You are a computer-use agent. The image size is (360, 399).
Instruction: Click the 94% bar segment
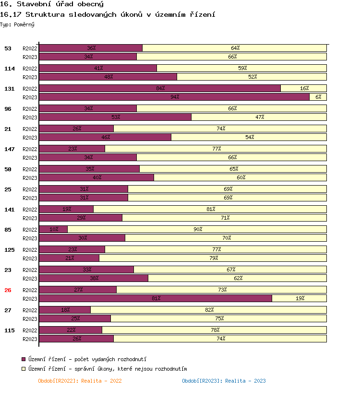click(x=174, y=97)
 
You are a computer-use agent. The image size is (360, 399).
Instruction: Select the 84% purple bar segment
click(x=160, y=88)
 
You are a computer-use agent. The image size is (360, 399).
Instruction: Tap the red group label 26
click(x=8, y=290)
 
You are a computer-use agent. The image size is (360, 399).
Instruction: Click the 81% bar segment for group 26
click(x=156, y=298)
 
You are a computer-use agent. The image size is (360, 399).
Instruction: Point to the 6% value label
click(x=318, y=97)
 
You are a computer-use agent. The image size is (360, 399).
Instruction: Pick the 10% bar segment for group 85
click(x=53, y=229)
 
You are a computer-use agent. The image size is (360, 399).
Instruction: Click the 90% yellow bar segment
click(x=197, y=229)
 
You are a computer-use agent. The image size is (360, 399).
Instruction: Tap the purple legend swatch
click(x=24, y=359)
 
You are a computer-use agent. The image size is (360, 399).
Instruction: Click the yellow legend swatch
click(x=24, y=369)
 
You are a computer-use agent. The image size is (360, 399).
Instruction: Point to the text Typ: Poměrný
click(x=17, y=24)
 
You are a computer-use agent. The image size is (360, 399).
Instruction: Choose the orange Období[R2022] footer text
click(x=80, y=381)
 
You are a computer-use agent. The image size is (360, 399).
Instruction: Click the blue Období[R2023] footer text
click(x=224, y=381)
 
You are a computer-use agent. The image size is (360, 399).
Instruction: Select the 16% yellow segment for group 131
click(x=304, y=88)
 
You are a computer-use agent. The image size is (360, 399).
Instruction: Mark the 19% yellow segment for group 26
click(x=300, y=298)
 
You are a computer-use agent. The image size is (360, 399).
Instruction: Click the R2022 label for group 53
click(x=30, y=48)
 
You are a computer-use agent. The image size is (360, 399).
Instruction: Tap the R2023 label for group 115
click(x=30, y=339)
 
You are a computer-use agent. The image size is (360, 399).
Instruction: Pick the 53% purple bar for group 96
click(x=115, y=117)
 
